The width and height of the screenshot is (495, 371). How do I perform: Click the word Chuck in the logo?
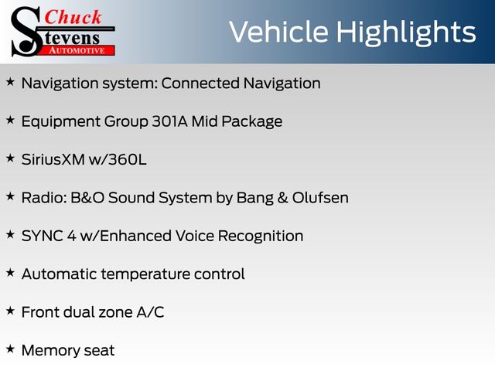click(x=73, y=17)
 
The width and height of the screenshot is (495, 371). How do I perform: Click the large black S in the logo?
click(x=26, y=32)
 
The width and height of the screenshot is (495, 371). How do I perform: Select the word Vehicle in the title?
click(x=278, y=32)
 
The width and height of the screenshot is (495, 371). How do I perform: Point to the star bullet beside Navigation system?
click(x=10, y=82)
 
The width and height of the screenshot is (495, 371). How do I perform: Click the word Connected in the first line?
click(x=200, y=83)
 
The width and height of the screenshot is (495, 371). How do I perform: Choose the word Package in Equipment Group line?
click(x=251, y=122)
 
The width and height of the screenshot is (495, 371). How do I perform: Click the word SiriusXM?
click(x=53, y=160)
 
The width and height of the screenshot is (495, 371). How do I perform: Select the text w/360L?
click(x=118, y=160)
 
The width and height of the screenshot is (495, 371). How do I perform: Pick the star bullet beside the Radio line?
click(x=10, y=196)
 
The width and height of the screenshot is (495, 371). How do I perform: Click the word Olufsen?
click(x=320, y=198)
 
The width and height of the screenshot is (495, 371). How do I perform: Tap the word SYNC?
click(x=42, y=236)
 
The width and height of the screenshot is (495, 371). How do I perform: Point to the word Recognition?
click(x=261, y=237)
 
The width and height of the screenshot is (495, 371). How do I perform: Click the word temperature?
click(x=145, y=274)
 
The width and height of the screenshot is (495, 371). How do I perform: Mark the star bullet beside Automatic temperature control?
click(x=10, y=273)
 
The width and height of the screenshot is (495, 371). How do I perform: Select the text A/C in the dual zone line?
click(x=150, y=312)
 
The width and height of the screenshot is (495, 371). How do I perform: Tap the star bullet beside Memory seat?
click(x=10, y=349)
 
